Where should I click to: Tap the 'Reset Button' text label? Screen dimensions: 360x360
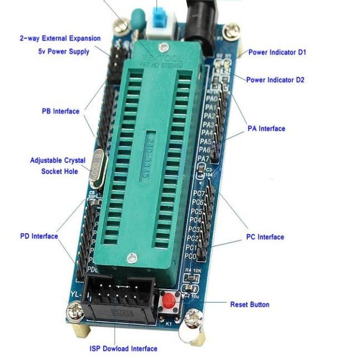(x=249, y=305)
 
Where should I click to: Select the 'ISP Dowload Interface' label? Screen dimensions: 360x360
(x=123, y=349)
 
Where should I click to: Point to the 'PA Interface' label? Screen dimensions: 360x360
(x=266, y=129)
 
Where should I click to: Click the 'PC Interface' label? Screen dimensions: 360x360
(x=265, y=237)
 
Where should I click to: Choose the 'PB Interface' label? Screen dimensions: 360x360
(x=60, y=111)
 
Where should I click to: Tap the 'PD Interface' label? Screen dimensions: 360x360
(x=39, y=236)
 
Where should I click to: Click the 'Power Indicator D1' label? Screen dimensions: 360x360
(x=277, y=52)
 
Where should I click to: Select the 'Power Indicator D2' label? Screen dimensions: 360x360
(x=275, y=80)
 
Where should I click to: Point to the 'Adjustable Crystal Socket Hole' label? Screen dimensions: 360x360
(x=57, y=166)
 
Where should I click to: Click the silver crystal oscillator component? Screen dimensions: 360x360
(x=97, y=168)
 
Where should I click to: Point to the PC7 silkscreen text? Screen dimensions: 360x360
(x=198, y=194)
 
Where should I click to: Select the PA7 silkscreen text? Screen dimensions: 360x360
(x=204, y=159)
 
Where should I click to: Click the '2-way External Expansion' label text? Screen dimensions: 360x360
(x=60, y=39)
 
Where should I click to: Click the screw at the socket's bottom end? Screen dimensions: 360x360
(x=132, y=258)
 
